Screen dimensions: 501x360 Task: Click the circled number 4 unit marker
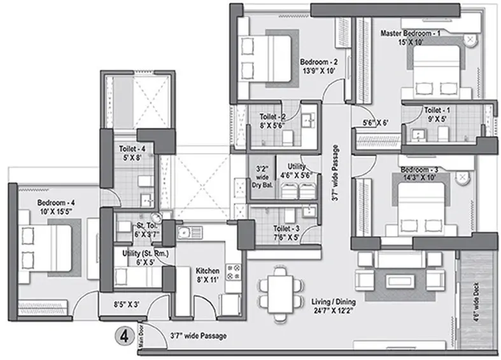(124, 336)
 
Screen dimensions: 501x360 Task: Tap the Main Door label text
(141, 336)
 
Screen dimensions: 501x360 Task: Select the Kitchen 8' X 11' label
(208, 275)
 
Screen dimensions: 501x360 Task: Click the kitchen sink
(190, 233)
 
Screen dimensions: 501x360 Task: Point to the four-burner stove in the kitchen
(233, 272)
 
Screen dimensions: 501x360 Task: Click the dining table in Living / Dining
(280, 294)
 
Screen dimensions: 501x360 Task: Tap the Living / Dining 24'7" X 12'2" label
(333, 306)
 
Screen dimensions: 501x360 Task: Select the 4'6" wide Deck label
(476, 302)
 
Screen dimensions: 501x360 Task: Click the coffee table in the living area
(400, 282)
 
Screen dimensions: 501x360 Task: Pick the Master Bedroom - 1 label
(411, 33)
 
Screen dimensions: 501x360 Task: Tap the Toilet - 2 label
(272, 117)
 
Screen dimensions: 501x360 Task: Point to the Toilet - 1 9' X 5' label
(437, 114)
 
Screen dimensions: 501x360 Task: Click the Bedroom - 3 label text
(420, 170)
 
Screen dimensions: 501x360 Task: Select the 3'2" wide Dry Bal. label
(262, 177)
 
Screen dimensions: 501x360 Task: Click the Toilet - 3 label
(286, 228)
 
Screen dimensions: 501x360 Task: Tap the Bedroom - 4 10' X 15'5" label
(56, 207)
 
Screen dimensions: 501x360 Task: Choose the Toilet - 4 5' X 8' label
(132, 153)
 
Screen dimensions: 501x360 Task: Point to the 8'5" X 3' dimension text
(127, 304)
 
